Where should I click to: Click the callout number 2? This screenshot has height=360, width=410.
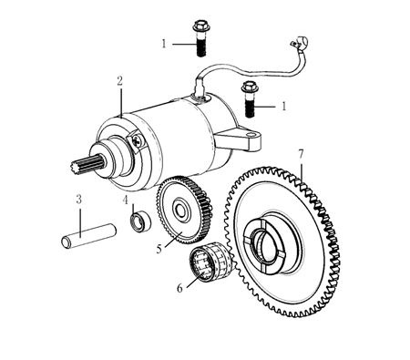(x=120, y=81)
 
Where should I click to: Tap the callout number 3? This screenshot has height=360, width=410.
(x=79, y=200)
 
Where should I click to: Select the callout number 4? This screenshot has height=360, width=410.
(x=126, y=201)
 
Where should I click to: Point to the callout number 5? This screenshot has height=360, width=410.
(x=159, y=249)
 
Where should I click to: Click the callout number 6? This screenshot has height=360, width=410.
(x=179, y=288)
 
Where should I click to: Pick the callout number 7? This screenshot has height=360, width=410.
(x=301, y=154)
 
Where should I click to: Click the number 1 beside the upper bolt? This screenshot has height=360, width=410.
(x=164, y=44)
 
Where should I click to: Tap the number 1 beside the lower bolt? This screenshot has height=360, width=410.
(x=284, y=107)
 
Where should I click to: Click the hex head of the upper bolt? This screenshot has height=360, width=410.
(x=200, y=26)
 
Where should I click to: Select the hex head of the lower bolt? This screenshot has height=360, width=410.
(x=250, y=87)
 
